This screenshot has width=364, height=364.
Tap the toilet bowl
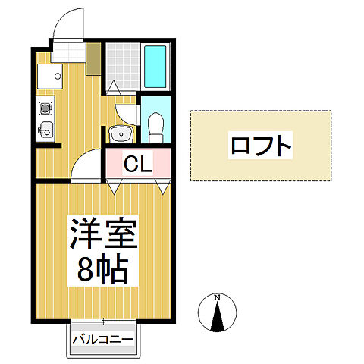click(x=155, y=125)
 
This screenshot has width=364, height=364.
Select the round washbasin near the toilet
click(x=120, y=134)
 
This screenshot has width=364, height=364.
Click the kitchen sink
click(x=44, y=129)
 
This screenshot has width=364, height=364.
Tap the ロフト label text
click(x=260, y=145)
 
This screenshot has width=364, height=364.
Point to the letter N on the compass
click(x=217, y=297)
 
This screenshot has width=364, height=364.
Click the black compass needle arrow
click(x=217, y=318)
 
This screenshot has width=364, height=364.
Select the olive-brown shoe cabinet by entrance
click(x=94, y=59)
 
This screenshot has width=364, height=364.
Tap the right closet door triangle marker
click(x=162, y=185)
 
